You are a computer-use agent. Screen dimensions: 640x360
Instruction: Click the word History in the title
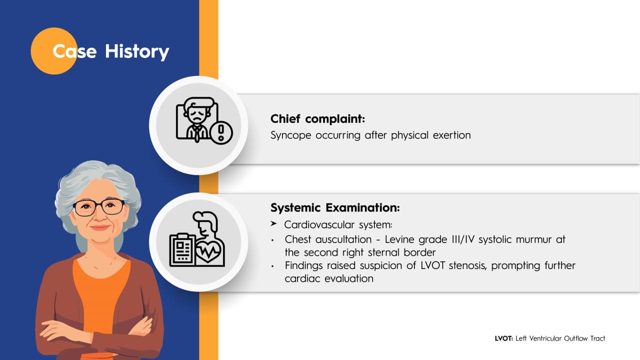pyautogui.click(x=137, y=52)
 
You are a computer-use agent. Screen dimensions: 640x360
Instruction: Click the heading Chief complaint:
pyautogui.click(x=317, y=119)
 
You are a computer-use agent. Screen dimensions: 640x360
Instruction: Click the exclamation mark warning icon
pyautogui.click(x=221, y=133)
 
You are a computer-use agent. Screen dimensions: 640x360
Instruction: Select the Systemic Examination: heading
pyautogui.click(x=335, y=207)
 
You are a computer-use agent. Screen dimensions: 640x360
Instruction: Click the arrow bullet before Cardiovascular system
pyautogui.click(x=273, y=223)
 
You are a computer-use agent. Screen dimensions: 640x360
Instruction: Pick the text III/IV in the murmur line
pyautogui.click(x=463, y=239)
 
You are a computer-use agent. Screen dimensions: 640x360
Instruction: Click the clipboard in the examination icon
pyautogui.click(x=182, y=250)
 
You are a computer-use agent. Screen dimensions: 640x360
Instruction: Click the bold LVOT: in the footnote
pyautogui.click(x=504, y=338)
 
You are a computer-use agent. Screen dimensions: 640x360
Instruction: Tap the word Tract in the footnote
pyautogui.click(x=597, y=338)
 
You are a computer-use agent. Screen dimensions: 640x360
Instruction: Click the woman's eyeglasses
pyautogui.click(x=99, y=207)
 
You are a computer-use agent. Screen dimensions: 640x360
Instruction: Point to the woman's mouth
pyautogui.click(x=100, y=227)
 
